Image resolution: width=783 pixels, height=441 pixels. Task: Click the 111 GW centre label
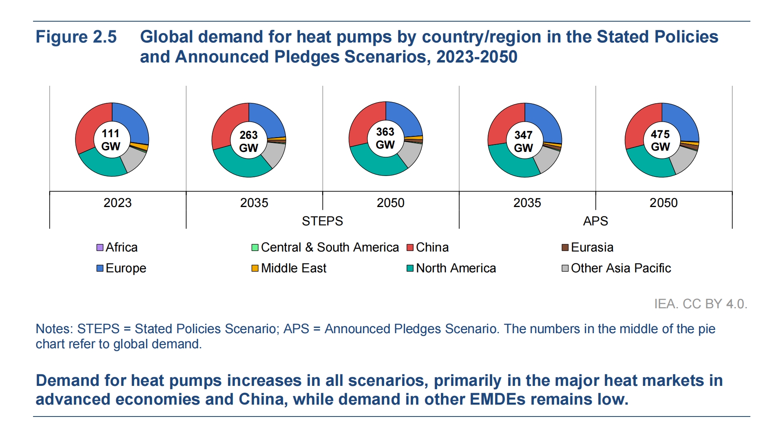click(111, 140)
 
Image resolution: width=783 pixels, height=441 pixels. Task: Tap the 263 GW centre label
click(248, 141)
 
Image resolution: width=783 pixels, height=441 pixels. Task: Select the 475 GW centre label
click(660, 140)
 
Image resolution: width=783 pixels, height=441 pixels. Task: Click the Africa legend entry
click(117, 247)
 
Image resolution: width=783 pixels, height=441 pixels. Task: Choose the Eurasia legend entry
click(587, 247)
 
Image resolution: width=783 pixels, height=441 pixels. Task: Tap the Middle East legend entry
click(289, 268)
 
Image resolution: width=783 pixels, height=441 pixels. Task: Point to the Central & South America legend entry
click(325, 247)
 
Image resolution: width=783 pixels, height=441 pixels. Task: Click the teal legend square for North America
click(410, 268)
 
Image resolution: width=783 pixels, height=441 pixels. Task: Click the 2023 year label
click(117, 203)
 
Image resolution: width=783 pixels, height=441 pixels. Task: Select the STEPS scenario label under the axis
click(322, 221)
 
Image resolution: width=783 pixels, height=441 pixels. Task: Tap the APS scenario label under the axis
click(595, 221)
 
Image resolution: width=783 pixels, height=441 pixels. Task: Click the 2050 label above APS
click(664, 203)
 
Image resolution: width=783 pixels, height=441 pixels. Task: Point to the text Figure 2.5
click(76, 37)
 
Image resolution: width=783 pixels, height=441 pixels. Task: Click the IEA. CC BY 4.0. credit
click(701, 304)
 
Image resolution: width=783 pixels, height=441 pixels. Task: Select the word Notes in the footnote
click(53, 329)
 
